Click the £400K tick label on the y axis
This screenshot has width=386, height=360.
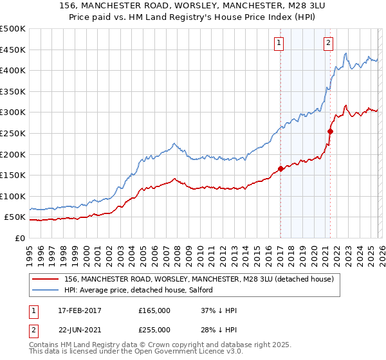pyautogui.click(x=13, y=70)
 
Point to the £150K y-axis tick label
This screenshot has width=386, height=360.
pyautogui.click(x=13, y=175)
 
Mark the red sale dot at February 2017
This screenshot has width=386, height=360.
pyautogui.click(x=280, y=169)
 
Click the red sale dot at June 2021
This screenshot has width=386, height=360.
pyautogui.click(x=330, y=131)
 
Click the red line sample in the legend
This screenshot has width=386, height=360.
pyautogui.click(x=46, y=280)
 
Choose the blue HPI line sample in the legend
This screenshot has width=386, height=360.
pyautogui.click(x=46, y=291)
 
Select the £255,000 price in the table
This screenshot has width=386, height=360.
pyautogui.click(x=154, y=330)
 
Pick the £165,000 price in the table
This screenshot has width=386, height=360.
pyautogui.click(x=154, y=310)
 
